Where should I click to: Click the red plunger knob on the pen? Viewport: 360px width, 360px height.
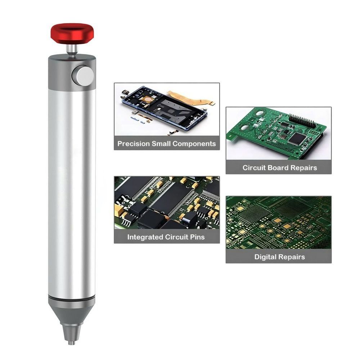click(72, 33)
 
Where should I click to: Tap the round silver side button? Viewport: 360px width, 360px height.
click(83, 76)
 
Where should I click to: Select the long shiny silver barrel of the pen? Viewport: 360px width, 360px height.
click(72, 191)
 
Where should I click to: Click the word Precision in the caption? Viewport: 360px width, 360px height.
click(134, 144)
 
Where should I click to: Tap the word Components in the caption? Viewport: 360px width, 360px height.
click(194, 144)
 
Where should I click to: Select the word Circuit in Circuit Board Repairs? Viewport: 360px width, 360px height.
click(255, 168)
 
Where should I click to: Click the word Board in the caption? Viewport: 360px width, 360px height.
click(281, 168)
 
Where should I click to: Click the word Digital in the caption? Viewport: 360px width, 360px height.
click(265, 257)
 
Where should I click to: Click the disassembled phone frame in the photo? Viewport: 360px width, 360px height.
click(166, 108)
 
